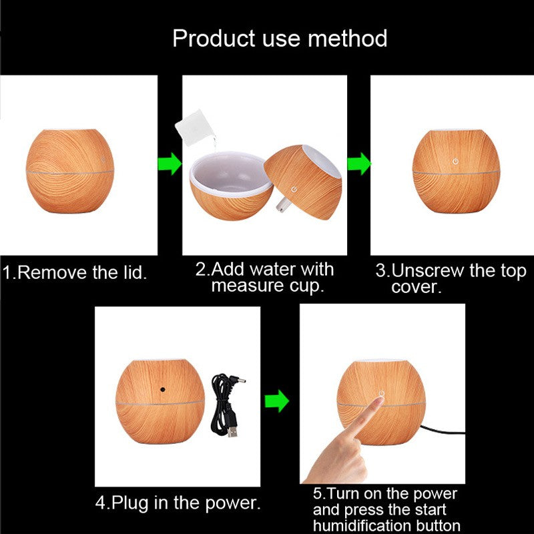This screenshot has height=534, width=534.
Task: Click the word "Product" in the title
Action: pos(214,38)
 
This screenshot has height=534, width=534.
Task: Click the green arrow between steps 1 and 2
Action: pos(170,164)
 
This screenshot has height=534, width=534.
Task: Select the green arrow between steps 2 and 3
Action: pos(359,164)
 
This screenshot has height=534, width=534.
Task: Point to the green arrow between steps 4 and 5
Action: pos(277,401)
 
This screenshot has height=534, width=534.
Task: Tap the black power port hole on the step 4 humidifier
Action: pos(163,389)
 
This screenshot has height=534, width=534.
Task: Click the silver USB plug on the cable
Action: pos(233,431)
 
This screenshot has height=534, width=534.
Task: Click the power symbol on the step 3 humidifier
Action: pos(455,161)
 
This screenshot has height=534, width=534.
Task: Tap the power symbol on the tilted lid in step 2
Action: pos(294,190)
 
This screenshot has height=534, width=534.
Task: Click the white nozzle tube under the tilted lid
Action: pos(282,205)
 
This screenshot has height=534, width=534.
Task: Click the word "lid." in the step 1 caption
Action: pos(136,272)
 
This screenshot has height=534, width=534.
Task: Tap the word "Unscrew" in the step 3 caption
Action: pos(427,271)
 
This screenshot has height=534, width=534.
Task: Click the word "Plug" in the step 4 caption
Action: pos(129,503)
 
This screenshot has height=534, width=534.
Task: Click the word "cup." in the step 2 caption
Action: pos(306,286)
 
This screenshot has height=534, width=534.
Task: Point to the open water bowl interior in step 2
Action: pos(230,174)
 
